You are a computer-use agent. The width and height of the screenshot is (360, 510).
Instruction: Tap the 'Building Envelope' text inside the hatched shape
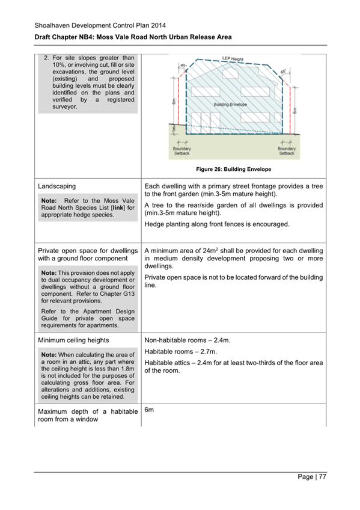coord(231,104)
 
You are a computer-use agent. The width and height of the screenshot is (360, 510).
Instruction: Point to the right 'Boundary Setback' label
coord(287,150)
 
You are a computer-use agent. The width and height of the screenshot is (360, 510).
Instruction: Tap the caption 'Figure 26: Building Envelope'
coord(233,170)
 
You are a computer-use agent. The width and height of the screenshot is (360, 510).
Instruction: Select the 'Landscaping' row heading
coord(57,186)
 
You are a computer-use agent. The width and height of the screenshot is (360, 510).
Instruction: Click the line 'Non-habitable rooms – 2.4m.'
coord(188,340)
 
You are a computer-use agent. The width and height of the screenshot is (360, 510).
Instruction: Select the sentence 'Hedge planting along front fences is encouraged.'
coord(217,224)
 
